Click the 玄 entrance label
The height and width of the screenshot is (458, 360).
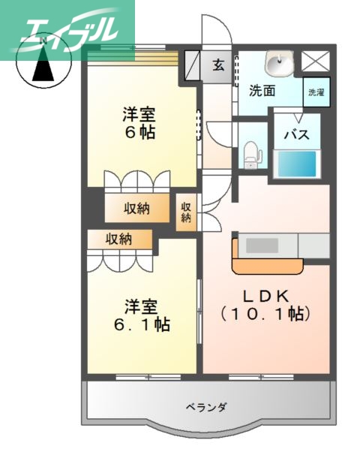click(218, 65)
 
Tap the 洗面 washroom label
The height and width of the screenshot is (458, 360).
click(262, 91)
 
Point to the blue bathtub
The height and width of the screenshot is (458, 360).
click(297, 164)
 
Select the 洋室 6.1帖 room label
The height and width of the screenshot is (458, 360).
click(142, 315)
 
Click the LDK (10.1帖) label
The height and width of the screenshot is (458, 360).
click(265, 303)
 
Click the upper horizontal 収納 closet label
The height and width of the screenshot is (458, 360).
click(137, 208)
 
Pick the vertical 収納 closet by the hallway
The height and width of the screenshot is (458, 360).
click(185, 212)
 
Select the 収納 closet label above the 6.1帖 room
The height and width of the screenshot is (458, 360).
click(118, 240)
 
